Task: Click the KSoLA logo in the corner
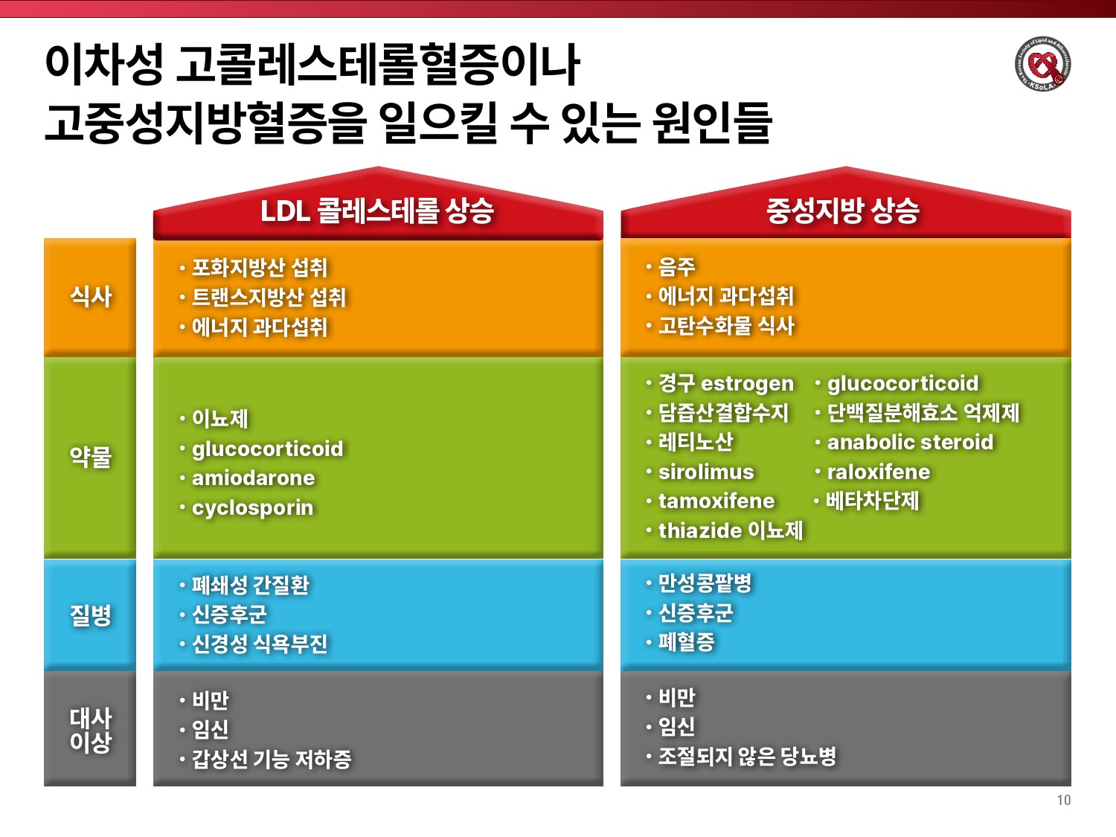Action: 1043,64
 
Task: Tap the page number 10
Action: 1064,800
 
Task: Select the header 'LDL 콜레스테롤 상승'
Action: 377,211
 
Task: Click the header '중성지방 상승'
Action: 843,211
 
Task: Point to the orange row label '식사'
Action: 91,296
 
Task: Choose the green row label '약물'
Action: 91,456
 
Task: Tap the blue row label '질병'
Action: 91,615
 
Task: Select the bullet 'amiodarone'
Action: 253,478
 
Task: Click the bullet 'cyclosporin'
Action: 253,507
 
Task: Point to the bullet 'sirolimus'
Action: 706,472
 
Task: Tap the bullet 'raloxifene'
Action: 879,472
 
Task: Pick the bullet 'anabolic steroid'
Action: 910,442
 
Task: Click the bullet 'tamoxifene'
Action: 716,501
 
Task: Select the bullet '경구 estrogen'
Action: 726,383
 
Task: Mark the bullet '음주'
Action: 676,267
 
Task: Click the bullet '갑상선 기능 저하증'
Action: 272,759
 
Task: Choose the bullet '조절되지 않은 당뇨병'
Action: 747,756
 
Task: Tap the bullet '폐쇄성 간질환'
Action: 250,585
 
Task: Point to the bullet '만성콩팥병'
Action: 705,583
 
